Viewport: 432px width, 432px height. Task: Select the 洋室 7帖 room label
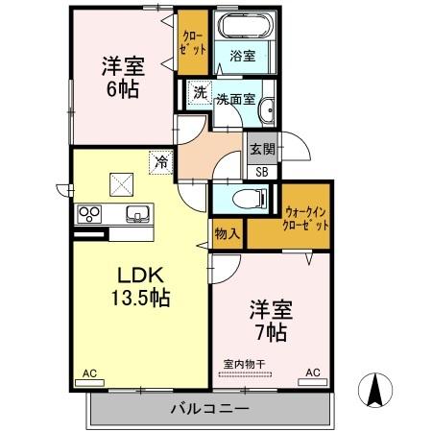(270, 321)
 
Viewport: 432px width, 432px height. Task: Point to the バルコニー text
(210, 410)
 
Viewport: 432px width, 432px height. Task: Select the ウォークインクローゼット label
(305, 217)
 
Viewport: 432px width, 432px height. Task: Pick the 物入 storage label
(228, 233)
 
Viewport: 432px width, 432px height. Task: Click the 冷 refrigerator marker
(159, 162)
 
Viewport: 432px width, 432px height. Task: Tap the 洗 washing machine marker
(199, 93)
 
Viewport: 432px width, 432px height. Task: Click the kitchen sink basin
(135, 212)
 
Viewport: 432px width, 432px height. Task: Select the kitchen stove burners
(89, 212)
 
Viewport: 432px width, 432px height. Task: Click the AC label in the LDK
(89, 372)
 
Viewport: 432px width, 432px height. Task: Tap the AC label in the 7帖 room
(313, 372)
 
